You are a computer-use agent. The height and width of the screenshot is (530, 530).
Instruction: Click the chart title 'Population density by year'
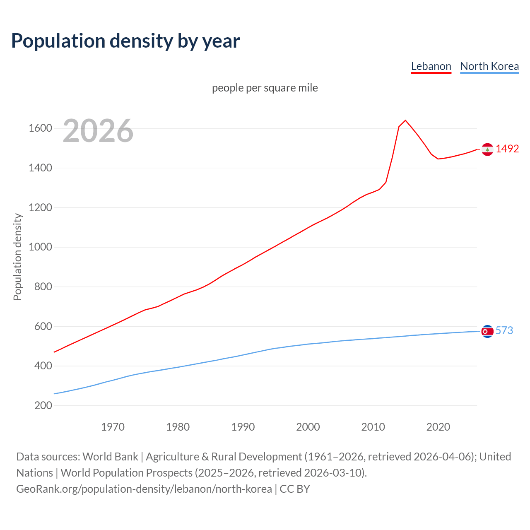(125, 41)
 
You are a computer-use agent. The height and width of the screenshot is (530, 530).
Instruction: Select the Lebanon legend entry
(431, 66)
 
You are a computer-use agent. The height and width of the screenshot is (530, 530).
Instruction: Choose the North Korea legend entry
(489, 66)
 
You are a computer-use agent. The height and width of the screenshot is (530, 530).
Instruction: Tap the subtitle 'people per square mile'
(265, 88)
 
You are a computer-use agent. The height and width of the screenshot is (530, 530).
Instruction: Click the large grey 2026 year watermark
(98, 131)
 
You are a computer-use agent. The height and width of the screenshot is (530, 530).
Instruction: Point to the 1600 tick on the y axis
(40, 128)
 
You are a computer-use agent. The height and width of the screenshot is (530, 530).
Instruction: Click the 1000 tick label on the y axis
(40, 247)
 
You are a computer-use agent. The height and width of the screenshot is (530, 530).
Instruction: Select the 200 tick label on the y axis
(43, 405)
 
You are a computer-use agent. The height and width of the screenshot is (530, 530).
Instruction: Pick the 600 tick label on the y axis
(43, 326)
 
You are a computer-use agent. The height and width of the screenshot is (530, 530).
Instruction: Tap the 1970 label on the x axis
(113, 427)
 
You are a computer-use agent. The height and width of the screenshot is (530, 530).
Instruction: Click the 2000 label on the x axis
(308, 427)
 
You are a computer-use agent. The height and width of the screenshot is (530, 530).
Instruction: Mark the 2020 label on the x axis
(438, 427)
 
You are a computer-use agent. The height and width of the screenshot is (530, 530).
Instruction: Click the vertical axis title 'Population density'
(17, 257)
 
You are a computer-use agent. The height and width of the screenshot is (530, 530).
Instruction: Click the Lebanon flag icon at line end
(487, 149)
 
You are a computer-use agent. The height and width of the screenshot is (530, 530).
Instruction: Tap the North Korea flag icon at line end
(487, 331)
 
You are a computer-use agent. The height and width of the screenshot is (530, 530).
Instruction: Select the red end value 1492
(507, 149)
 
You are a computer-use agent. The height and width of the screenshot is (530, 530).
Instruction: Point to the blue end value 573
(504, 330)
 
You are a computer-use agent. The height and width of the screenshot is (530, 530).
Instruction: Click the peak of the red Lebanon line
(405, 120)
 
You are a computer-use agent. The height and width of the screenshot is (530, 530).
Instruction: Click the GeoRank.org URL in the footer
(144, 489)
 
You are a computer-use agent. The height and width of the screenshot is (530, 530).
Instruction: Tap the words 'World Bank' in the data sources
(110, 457)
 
